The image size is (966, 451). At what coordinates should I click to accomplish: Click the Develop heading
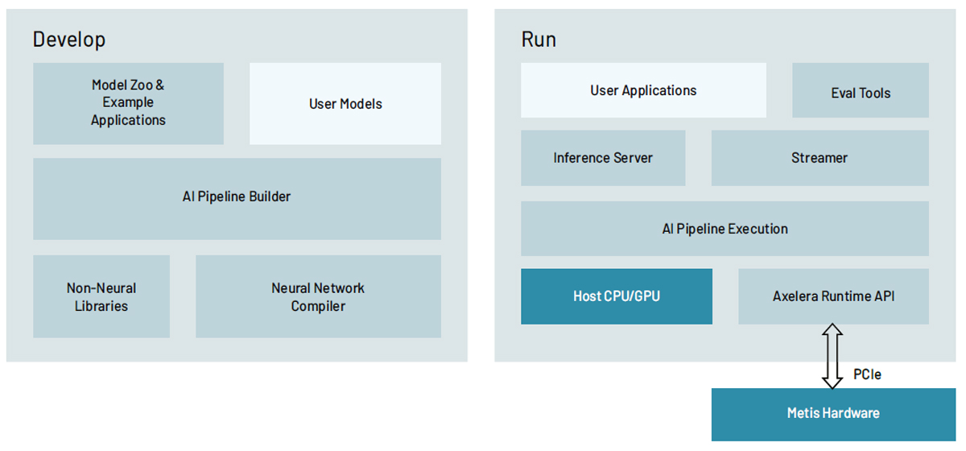click(x=69, y=39)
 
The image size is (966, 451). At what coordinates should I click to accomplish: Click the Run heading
click(x=539, y=39)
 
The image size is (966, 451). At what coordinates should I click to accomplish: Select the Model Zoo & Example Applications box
click(x=129, y=104)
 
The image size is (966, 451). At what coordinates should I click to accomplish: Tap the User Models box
click(x=345, y=104)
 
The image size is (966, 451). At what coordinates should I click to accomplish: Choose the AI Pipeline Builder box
click(x=237, y=199)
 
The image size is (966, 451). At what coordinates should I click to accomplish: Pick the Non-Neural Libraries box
click(x=101, y=296)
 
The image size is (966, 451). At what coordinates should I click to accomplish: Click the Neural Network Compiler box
click(x=318, y=296)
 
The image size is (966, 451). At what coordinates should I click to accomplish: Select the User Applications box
click(x=643, y=90)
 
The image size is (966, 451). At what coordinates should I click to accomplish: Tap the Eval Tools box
click(x=861, y=90)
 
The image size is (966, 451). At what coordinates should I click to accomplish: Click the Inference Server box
click(x=603, y=158)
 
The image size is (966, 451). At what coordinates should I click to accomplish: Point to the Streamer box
click(x=819, y=158)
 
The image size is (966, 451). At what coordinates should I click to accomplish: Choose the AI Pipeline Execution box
click(x=725, y=228)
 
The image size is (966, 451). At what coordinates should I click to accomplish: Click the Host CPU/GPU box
click(x=617, y=296)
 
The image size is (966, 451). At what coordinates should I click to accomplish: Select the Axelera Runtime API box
click(x=834, y=296)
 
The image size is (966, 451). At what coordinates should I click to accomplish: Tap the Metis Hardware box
click(x=834, y=414)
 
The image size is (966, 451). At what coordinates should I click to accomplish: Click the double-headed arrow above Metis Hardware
click(x=832, y=357)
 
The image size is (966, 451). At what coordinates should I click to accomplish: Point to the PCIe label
click(x=867, y=374)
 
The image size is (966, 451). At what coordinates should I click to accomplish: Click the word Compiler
click(x=318, y=306)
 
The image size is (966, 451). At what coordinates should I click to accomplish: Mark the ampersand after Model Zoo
click(x=160, y=85)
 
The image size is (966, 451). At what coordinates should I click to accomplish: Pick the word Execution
click(x=757, y=229)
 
